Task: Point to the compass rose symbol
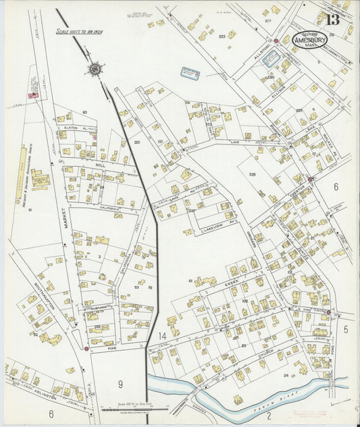pyautogui.click(x=94, y=68)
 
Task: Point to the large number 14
pyautogui.click(x=161, y=336)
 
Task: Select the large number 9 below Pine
pyautogui.click(x=121, y=384)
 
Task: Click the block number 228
pyautogui.click(x=251, y=174)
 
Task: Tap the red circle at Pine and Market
pyautogui.click(x=86, y=349)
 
